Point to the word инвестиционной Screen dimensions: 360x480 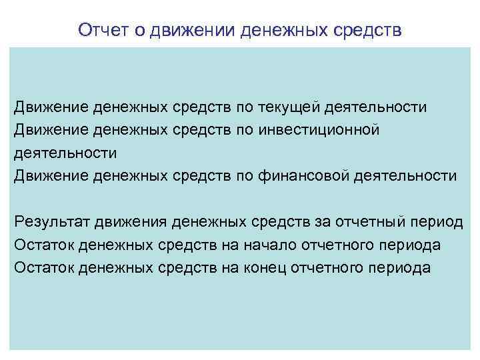(317, 130)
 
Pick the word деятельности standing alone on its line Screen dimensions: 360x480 (65, 153)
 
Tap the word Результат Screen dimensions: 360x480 (52, 222)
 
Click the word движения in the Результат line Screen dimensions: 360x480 (131, 222)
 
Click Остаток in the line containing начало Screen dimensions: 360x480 (44, 245)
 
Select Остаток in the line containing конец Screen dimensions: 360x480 (44, 268)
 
